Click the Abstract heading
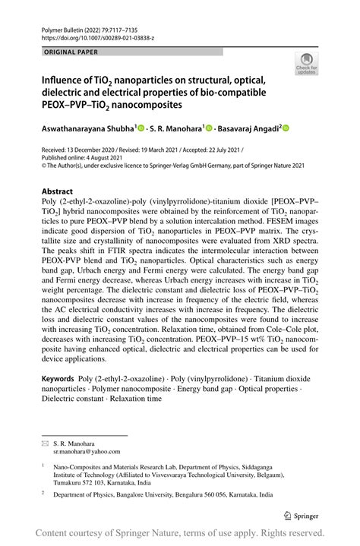57,191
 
